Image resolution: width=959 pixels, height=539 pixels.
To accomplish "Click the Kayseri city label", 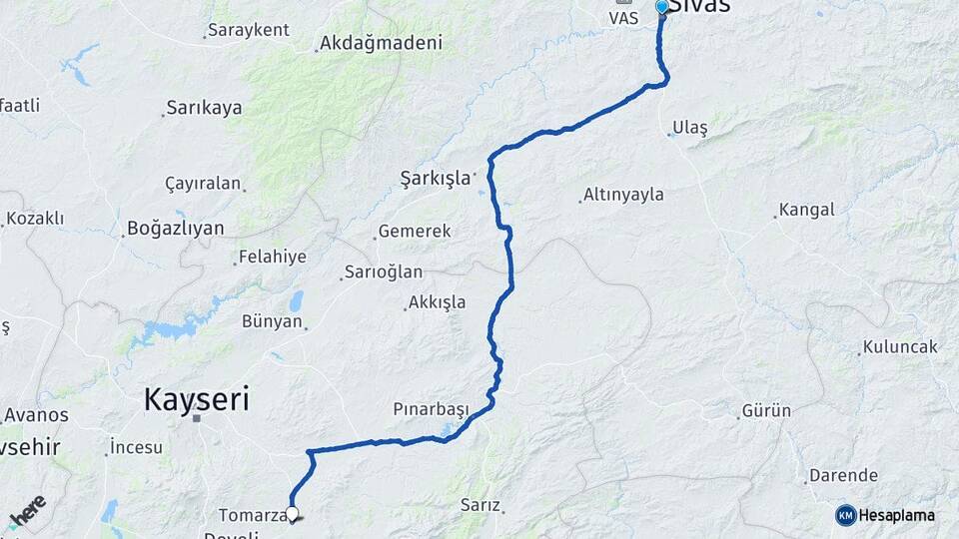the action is (196, 400).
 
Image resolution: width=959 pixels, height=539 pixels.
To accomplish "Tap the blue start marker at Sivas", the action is (661, 8).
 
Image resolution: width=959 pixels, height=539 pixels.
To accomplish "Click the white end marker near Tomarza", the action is (293, 514).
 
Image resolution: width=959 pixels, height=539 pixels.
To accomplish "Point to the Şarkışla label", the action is (435, 179).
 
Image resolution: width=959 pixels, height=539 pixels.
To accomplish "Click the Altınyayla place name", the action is (624, 195).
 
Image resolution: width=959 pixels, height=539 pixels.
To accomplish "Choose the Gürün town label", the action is (766, 411).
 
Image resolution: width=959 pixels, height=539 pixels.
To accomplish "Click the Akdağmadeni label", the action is (379, 44).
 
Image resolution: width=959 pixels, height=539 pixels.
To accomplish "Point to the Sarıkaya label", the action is (204, 108).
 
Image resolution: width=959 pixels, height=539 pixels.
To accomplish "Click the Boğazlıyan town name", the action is (175, 229).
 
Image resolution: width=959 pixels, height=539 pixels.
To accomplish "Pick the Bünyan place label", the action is (272, 321).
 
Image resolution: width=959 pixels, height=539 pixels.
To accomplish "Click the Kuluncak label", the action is (898, 346).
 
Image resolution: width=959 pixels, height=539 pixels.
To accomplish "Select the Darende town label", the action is (843, 475).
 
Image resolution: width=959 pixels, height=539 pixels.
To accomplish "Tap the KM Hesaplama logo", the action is (888, 515).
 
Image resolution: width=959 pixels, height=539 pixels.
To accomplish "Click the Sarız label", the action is (479, 505).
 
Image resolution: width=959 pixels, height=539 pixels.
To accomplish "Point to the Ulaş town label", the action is (690, 128).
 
